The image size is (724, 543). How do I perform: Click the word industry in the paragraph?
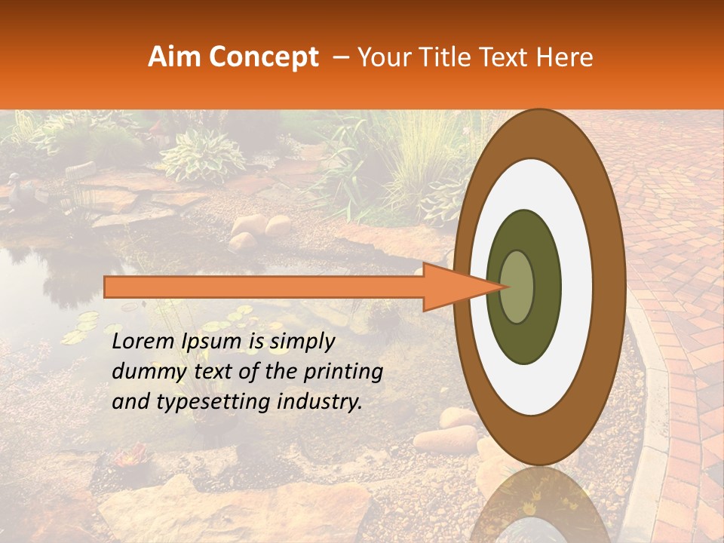[318, 402]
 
